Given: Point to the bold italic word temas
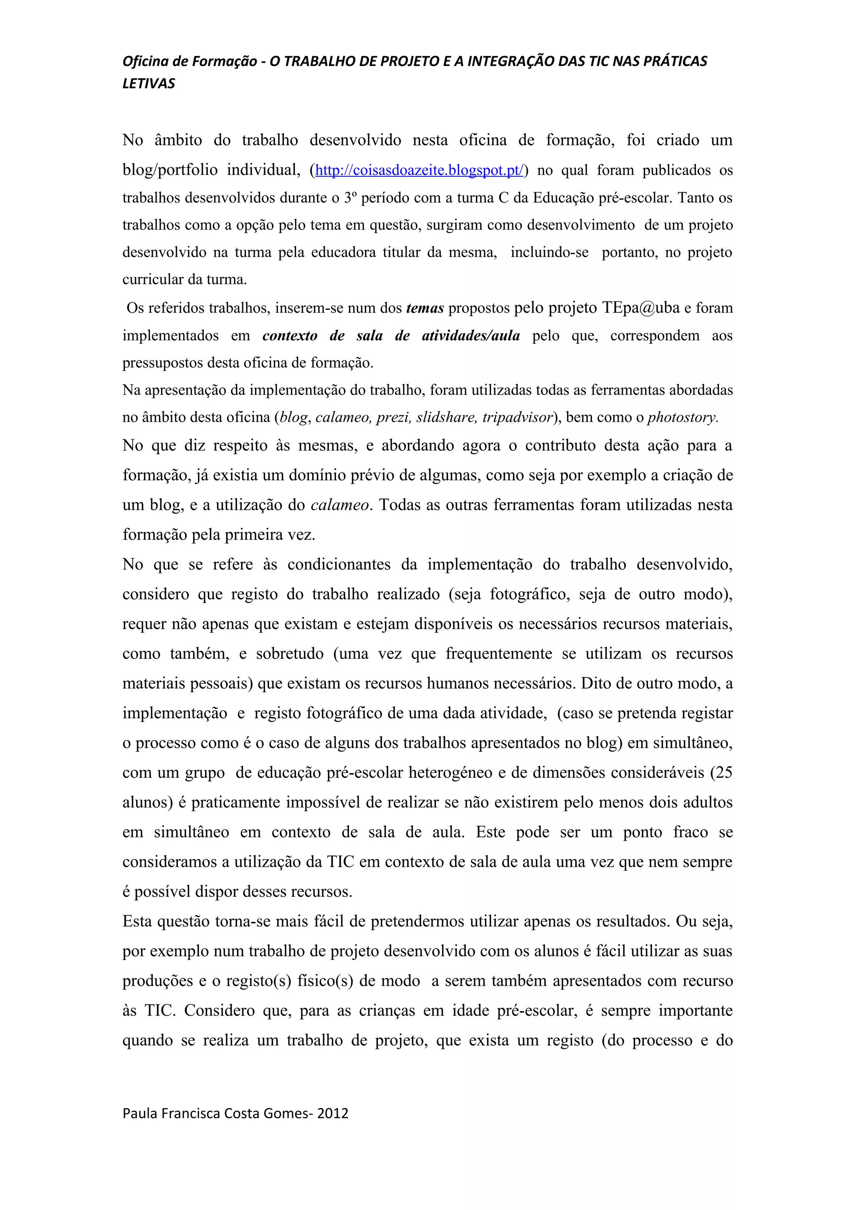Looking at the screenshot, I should [x=425, y=308].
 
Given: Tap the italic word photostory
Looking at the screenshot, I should [x=682, y=418].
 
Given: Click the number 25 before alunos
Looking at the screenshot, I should [x=724, y=772].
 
